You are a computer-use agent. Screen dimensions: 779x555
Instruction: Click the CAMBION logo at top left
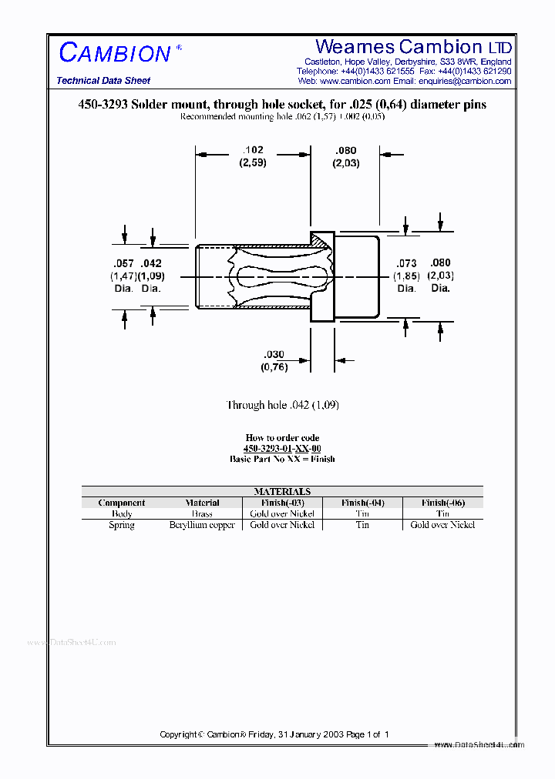(x=115, y=53)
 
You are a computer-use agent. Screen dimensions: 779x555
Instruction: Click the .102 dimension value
(x=254, y=150)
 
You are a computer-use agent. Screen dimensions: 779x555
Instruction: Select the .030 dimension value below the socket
(x=274, y=354)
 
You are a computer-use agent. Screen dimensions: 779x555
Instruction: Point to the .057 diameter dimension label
(x=123, y=263)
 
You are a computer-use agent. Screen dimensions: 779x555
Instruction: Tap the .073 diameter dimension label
(x=406, y=263)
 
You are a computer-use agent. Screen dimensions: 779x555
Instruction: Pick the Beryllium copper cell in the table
(x=202, y=525)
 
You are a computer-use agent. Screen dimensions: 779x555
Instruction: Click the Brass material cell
(x=202, y=513)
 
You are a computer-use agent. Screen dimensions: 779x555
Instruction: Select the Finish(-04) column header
(x=362, y=503)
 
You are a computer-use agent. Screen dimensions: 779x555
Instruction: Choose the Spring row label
(x=122, y=525)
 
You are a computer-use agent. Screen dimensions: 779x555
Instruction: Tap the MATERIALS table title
(x=282, y=491)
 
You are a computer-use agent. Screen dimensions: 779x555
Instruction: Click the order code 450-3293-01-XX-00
(x=282, y=448)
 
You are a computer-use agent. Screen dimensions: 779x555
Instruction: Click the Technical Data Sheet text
(x=103, y=81)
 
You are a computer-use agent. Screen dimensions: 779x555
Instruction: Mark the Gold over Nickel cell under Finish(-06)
(x=442, y=525)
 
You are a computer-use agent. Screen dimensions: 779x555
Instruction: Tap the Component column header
(x=122, y=503)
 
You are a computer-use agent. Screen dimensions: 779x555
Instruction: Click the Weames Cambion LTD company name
(x=413, y=47)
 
